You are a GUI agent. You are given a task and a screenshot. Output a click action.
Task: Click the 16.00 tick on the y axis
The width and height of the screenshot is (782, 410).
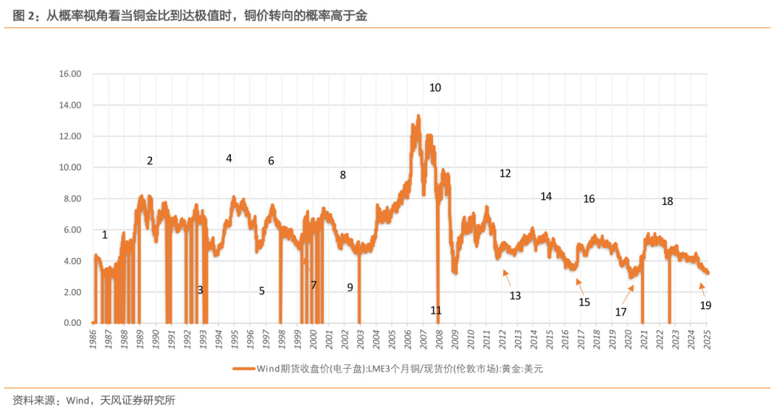tap(71, 74)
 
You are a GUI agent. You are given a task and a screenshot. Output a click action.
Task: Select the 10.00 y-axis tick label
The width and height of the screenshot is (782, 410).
tap(71, 167)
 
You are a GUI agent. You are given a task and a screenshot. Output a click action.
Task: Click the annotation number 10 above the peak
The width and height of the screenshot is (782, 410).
tap(435, 88)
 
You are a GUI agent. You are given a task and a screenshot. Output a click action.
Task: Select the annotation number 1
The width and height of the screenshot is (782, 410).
tap(105, 235)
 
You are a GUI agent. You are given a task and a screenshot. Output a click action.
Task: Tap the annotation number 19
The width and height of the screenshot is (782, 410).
tap(705, 306)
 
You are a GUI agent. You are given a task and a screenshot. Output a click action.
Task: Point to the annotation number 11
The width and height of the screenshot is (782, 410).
tap(436, 310)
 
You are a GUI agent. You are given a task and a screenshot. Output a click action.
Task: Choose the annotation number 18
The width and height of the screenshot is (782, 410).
tap(667, 201)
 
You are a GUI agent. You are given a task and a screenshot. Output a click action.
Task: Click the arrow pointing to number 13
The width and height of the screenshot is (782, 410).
tap(506, 276)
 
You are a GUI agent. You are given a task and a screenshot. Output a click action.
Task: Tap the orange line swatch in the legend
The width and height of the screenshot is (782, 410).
tap(243, 369)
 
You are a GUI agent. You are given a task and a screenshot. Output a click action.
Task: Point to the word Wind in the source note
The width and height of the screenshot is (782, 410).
tap(76, 400)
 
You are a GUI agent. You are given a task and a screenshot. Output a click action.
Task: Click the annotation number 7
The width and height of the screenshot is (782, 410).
tap(314, 285)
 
